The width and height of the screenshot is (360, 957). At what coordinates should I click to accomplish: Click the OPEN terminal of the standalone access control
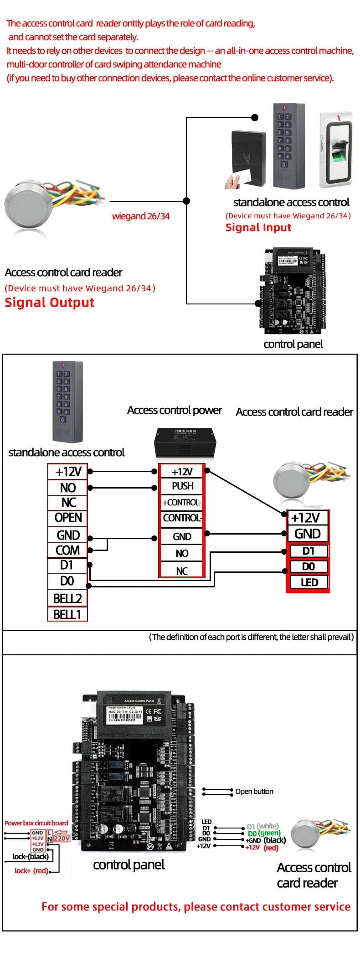[68, 518]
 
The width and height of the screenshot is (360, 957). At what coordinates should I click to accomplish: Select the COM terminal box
[67, 550]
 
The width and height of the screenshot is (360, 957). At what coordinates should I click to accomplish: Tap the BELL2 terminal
[67, 598]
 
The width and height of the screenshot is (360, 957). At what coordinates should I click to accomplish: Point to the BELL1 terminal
[67, 614]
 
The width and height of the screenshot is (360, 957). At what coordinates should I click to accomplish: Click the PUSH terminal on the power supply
[182, 486]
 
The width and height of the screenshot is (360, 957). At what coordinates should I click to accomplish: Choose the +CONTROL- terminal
[182, 503]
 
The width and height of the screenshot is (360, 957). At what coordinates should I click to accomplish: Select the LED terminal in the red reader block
[309, 582]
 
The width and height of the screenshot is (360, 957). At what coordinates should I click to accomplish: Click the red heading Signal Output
[49, 303]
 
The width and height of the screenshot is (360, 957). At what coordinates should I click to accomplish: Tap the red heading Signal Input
[258, 227]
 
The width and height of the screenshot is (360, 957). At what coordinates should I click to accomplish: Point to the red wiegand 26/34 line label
[141, 216]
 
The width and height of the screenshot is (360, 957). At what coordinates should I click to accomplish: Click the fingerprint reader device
[336, 149]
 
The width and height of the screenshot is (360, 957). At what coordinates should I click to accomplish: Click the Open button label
[254, 792]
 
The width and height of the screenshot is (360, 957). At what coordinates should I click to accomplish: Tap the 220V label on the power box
[62, 838]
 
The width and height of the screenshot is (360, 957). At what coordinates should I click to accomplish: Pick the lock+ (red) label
[31, 870]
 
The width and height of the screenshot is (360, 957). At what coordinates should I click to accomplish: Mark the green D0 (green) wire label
[264, 833]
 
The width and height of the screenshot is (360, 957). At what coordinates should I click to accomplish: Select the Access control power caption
[174, 410]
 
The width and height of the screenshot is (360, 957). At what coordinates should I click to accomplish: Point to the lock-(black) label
[31, 856]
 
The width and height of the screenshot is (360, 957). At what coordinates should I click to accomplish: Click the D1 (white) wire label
[262, 826]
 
